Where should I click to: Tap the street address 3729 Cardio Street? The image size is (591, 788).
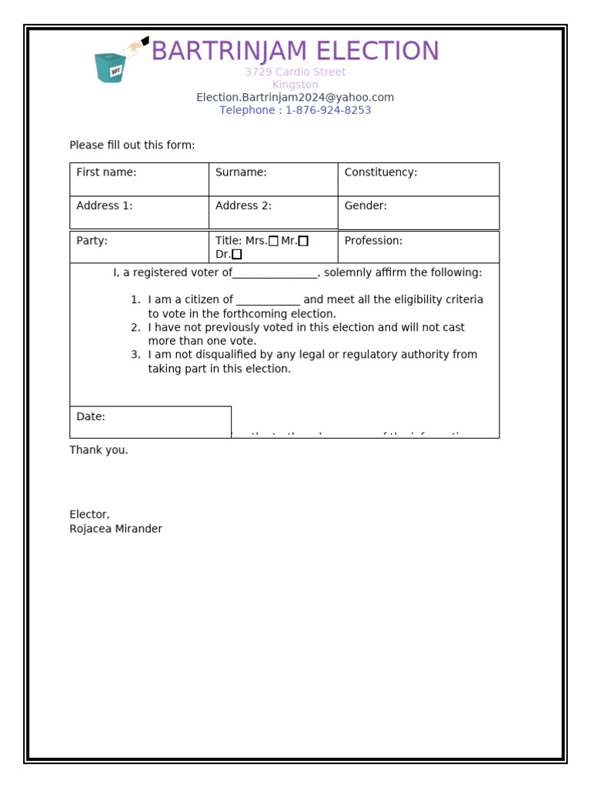[x=295, y=72]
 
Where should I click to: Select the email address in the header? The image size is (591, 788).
[x=295, y=97]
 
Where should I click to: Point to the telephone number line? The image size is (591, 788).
[x=295, y=110]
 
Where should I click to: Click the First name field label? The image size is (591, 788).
[x=106, y=172]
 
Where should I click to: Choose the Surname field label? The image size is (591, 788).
[x=241, y=172]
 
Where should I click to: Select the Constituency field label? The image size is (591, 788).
[x=380, y=172]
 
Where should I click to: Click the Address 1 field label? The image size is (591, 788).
[x=105, y=205]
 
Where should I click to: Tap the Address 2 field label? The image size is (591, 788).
[x=243, y=205]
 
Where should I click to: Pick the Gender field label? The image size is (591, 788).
[x=366, y=205]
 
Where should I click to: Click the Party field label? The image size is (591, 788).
[x=92, y=240]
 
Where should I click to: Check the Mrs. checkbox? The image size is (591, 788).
[x=274, y=241]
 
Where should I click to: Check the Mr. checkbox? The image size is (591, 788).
[x=303, y=241]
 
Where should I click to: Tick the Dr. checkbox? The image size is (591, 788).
[x=237, y=254]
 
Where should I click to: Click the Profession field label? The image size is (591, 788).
[x=373, y=240]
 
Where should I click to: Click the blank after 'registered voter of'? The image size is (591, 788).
[x=275, y=273]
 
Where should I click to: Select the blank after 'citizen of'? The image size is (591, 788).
[x=268, y=300]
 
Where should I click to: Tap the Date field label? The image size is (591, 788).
[x=91, y=416]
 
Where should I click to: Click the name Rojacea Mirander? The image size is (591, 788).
[x=115, y=529]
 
